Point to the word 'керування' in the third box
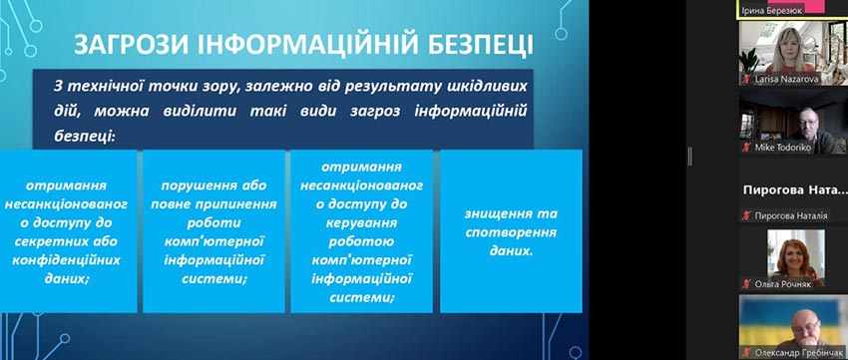click(x=362, y=222)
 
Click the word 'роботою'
click(x=361, y=241)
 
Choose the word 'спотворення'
click(x=511, y=232)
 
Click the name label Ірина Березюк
click(x=776, y=10)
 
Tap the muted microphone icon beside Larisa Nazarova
click(x=746, y=79)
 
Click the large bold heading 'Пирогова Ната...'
click(x=794, y=189)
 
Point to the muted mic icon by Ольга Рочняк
click(x=746, y=284)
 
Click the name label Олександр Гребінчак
click(x=799, y=352)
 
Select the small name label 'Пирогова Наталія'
click(x=791, y=215)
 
